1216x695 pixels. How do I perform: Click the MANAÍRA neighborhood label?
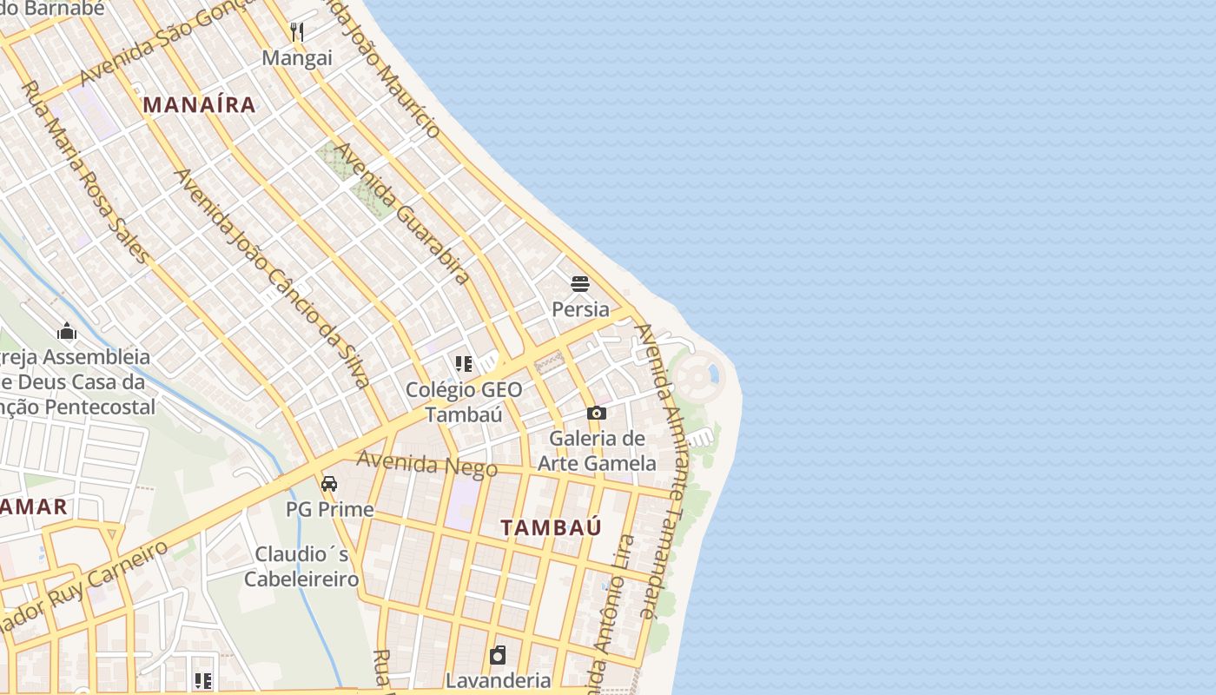tap(200, 105)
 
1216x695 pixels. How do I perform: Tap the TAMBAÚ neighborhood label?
tap(551, 527)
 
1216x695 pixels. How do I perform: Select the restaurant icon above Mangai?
tap(297, 32)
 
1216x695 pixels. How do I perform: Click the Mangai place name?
tap(297, 58)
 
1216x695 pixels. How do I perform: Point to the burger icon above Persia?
tap(580, 283)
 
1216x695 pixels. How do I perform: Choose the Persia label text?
tap(580, 309)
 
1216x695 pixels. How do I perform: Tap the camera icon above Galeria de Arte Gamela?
tap(597, 413)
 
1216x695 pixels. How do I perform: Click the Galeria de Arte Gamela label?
tap(597, 451)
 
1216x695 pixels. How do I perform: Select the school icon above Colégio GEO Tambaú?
tap(464, 363)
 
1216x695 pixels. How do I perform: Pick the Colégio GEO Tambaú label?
tap(464, 401)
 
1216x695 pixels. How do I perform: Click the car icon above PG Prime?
tap(329, 484)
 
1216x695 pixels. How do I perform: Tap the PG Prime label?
tap(329, 509)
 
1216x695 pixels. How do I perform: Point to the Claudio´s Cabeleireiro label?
tap(301, 566)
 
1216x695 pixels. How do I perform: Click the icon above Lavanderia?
tap(498, 654)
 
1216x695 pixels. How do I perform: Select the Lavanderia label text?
tap(498, 680)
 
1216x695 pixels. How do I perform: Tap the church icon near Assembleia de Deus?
tap(67, 331)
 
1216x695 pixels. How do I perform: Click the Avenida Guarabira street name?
tap(401, 213)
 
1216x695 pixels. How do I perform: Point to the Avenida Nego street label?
tap(426, 465)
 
